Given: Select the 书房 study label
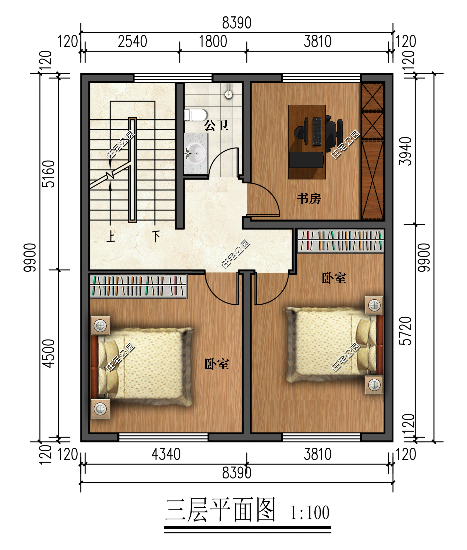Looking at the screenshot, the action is tap(309, 198).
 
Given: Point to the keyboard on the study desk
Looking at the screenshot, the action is tap(317, 131).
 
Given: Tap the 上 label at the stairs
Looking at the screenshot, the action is tap(111, 236).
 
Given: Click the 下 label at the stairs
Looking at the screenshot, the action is tap(156, 236).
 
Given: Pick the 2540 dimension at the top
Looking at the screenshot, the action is tap(132, 41).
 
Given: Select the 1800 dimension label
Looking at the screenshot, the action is tap(213, 41).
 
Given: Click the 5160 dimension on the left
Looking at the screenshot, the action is tap(48, 174).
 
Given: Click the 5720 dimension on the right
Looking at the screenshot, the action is tap(405, 331).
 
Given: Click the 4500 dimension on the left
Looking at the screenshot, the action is tap(48, 353).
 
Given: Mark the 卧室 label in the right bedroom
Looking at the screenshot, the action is tap(334, 278).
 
